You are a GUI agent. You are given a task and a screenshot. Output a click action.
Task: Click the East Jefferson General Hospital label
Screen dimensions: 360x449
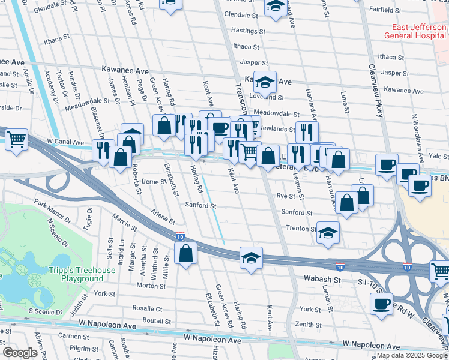click(x=416, y=31)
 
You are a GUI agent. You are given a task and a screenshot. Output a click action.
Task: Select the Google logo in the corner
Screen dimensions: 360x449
click(x=20, y=353)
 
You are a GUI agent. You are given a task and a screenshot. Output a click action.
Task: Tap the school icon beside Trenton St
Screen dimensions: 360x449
click(x=327, y=233)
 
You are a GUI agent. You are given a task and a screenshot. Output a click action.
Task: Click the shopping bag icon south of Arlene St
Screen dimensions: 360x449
click(x=186, y=253)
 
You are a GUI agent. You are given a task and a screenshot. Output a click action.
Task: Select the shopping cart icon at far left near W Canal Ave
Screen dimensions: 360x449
click(x=16, y=139)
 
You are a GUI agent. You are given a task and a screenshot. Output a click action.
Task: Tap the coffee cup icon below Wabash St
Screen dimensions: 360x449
click(x=381, y=304)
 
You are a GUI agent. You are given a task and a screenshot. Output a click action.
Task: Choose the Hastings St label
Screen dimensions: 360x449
click(x=244, y=30)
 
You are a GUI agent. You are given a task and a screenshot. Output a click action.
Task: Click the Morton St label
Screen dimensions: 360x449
click(x=146, y=286)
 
